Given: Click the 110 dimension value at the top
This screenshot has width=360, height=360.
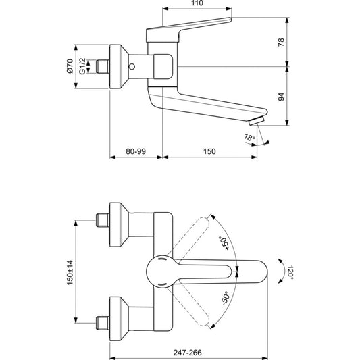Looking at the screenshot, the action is click(197, 3).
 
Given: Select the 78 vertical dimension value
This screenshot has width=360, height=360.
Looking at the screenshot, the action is click(281, 43).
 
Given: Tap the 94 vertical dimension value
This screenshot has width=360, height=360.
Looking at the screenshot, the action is click(281, 97).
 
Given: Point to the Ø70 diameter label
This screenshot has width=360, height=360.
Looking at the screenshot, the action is click(70, 66).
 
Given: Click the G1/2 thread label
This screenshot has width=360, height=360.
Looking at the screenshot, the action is click(82, 66).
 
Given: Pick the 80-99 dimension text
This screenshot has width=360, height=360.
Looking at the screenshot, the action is click(136, 151).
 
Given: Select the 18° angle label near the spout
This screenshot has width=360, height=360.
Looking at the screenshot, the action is click(249, 138).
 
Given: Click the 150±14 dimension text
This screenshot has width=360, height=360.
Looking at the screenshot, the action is click(70, 272).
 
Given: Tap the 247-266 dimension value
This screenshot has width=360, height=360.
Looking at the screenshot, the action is click(188, 353).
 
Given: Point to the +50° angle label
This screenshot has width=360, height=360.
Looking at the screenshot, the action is click(224, 243).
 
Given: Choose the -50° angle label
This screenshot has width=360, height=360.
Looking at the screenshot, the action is click(226, 299).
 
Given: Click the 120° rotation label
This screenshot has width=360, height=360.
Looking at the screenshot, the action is click(290, 272).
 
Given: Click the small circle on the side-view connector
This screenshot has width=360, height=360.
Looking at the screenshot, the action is click(132, 67).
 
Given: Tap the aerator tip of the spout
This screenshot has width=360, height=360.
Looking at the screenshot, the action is click(257, 120).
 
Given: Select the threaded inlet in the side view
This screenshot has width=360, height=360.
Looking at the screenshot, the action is click(103, 67).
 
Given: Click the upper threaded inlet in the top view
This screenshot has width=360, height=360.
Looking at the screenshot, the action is click(103, 220).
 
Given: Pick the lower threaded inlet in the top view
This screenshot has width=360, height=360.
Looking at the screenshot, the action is click(103, 323).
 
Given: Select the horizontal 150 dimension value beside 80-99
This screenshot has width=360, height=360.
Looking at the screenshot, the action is click(209, 151).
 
